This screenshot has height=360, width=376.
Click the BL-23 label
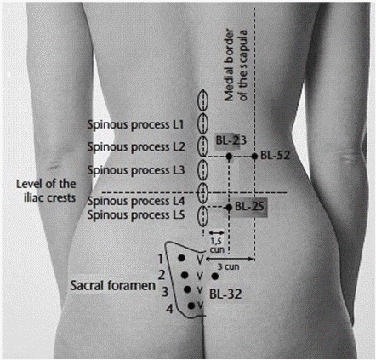tap(231, 140)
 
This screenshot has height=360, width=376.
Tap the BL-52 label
tap(276, 156)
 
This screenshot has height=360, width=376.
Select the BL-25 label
tap(250, 207)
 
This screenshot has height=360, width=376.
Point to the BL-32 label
tap(225, 294)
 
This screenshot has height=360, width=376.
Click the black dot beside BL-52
tap(254, 156)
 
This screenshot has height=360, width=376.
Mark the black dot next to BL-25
tap(229, 208)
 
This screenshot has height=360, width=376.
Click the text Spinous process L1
tap(135, 125)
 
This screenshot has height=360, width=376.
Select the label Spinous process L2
tap(136, 147)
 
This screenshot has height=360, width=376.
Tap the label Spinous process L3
tap(136, 170)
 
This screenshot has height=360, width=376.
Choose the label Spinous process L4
tap(136, 201)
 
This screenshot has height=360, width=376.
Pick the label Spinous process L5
tap(136, 215)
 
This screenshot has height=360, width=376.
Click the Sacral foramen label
tap(113, 285)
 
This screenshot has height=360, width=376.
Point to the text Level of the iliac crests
tap(46, 191)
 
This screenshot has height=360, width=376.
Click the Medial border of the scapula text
tap(236, 66)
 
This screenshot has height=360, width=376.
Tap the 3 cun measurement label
tap(229, 266)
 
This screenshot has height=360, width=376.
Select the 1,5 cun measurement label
tap(217, 246)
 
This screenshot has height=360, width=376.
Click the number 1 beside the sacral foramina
tap(161, 259)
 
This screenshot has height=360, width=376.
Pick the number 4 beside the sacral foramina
tap(169, 309)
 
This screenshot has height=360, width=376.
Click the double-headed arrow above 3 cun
tap(229, 259)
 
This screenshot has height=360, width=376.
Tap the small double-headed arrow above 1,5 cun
tap(216, 233)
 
